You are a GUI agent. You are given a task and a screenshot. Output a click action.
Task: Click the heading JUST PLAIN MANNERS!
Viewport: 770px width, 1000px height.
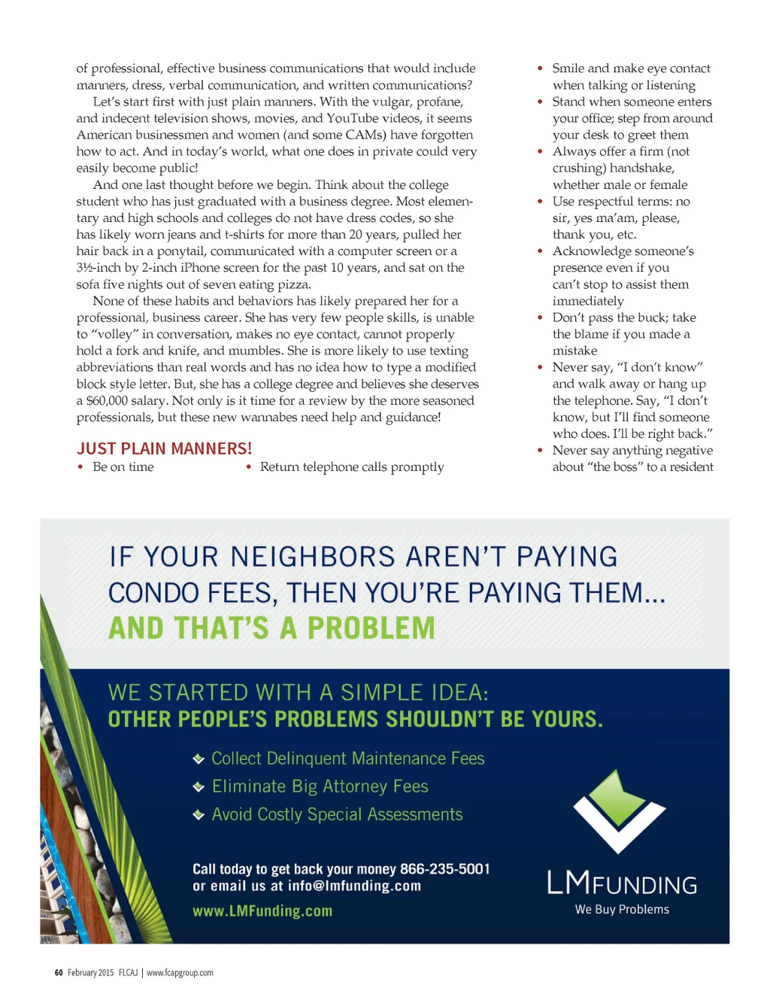164,448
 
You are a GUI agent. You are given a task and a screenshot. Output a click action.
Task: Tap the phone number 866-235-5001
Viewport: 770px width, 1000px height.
444,869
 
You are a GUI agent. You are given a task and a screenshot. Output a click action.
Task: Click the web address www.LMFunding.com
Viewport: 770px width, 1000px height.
262,911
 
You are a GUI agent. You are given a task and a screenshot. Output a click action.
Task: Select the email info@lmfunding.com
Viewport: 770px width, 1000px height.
354,886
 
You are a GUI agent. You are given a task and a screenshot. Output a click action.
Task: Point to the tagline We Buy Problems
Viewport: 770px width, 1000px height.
622,910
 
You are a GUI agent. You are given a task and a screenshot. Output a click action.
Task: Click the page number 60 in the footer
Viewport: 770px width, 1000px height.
59,973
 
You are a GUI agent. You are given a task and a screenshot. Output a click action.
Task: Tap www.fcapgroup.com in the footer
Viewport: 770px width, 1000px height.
180,973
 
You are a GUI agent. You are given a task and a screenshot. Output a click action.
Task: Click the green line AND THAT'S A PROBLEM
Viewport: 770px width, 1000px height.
271,628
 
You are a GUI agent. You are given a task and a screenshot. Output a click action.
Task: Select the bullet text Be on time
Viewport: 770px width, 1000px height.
123,467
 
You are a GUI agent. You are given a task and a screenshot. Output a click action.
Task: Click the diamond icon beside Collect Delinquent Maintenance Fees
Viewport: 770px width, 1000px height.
199,759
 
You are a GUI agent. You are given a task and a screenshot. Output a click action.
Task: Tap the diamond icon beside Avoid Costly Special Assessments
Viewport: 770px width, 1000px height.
199,815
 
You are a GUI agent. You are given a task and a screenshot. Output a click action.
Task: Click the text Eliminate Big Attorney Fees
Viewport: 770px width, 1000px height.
320,787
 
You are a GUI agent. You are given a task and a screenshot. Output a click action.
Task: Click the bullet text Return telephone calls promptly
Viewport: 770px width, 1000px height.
352,467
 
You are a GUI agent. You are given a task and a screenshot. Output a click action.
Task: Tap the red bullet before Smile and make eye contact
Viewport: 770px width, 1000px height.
540,68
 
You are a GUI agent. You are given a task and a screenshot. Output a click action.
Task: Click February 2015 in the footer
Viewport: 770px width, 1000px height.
90,973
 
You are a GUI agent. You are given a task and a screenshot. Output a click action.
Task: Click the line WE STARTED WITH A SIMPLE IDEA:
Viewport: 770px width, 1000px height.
298,692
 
